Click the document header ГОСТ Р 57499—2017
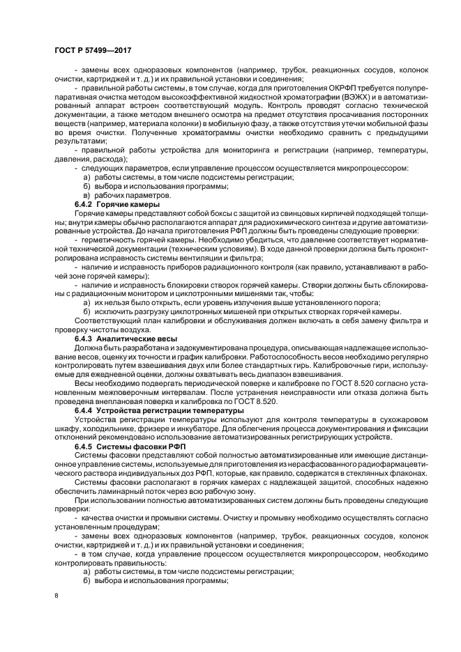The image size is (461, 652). [92, 51]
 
